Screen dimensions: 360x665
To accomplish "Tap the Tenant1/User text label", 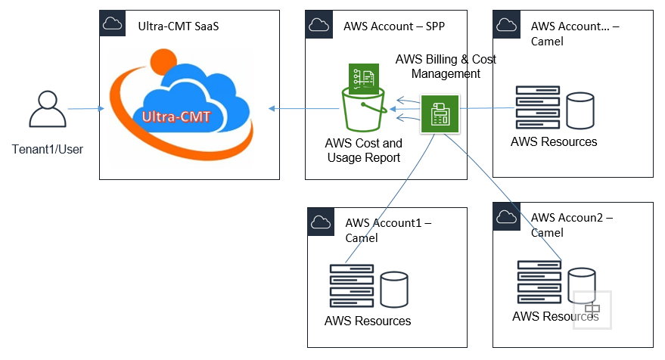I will [x=48, y=149].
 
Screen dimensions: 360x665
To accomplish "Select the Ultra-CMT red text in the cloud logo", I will [x=176, y=116].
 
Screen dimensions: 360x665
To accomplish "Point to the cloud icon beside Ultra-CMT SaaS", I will [x=113, y=23].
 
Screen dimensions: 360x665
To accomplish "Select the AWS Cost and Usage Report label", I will [x=363, y=150].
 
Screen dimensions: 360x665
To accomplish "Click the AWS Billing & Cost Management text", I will [x=446, y=67].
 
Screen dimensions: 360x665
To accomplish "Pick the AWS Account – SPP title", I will [x=393, y=26].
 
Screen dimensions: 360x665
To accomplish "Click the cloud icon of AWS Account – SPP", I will [x=318, y=23].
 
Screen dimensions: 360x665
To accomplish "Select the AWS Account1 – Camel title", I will [x=388, y=230].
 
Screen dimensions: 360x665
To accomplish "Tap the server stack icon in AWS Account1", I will [x=351, y=285].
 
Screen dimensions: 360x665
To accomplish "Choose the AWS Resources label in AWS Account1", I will [x=368, y=321].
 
